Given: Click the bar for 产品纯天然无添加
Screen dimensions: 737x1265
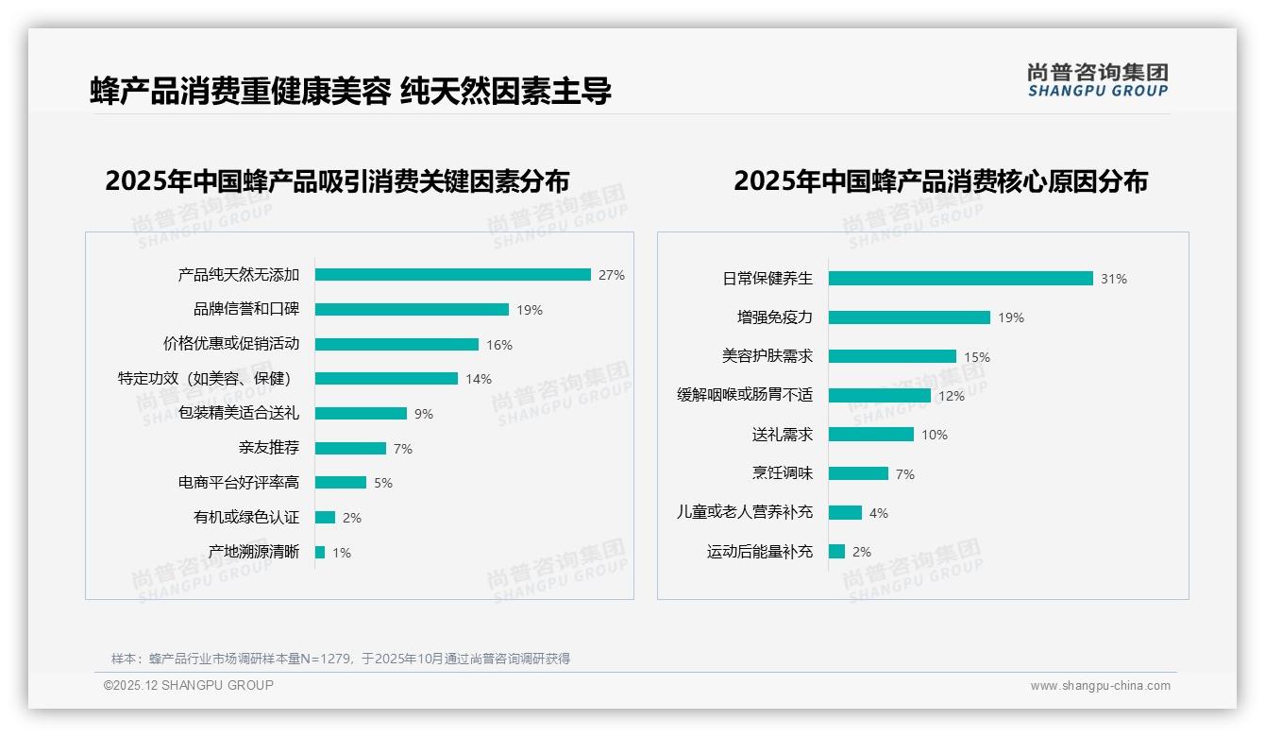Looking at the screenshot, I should [453, 275].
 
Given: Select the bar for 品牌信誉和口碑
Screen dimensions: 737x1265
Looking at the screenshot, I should [412, 309].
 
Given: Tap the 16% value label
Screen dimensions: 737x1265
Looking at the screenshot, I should [499, 345].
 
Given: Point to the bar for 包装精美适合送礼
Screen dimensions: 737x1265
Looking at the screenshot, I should [361, 413].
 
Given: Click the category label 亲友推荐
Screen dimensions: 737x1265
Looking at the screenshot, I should [269, 448].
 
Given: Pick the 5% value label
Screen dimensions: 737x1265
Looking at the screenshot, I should [383, 483].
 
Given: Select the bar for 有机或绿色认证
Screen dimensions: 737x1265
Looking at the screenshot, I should [325, 517].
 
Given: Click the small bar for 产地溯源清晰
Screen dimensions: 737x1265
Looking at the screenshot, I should [320, 552].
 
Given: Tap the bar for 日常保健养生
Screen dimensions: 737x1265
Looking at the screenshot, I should [960, 279].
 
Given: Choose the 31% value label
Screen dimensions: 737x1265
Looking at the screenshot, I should [1114, 279].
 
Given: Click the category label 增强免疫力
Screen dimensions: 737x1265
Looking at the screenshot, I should [775, 317].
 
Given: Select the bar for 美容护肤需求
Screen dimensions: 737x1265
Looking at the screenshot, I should [892, 356].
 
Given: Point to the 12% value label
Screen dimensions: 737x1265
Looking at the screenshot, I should [952, 396].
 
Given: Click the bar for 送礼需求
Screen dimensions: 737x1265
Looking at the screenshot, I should [870, 435].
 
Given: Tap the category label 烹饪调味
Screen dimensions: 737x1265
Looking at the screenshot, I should [783, 473].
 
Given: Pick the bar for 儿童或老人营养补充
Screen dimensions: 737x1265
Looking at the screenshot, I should [845, 512].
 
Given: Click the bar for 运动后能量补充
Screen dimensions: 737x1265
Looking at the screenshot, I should [836, 551].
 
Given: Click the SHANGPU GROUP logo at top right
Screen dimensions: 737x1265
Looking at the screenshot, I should [1098, 80].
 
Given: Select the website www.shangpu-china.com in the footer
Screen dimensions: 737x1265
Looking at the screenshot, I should [1100, 686].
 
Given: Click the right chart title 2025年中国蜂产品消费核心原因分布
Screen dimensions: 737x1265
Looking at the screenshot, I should [940, 181].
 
